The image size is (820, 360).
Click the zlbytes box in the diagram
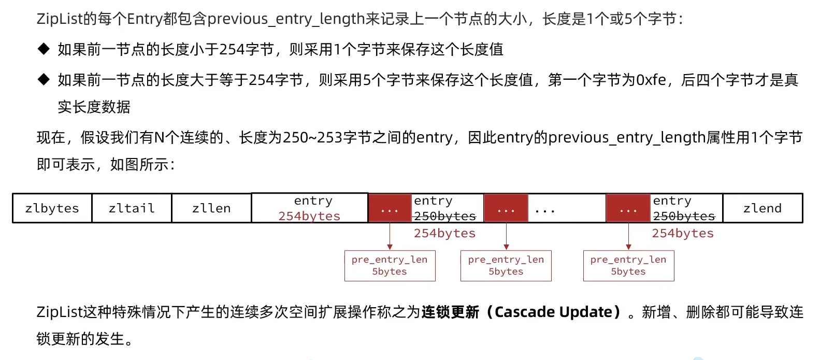(52, 208)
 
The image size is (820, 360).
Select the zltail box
(132, 208)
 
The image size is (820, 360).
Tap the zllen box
(211, 208)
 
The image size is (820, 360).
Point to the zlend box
(762, 208)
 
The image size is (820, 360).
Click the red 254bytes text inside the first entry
(309, 216)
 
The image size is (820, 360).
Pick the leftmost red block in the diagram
(390, 208)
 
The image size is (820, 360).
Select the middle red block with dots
(506, 208)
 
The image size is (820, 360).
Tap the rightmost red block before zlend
(628, 208)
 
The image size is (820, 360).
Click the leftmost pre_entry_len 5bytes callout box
(390, 266)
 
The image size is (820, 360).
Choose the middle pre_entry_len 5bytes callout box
(506, 266)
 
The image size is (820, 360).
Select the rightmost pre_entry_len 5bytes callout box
(628, 266)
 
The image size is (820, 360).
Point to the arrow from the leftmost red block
(390, 236)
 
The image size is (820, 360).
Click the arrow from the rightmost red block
(628, 236)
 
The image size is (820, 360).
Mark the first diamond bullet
(44, 49)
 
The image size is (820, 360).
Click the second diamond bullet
(44, 80)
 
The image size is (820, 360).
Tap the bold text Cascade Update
(553, 312)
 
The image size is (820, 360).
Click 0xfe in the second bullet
(651, 80)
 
